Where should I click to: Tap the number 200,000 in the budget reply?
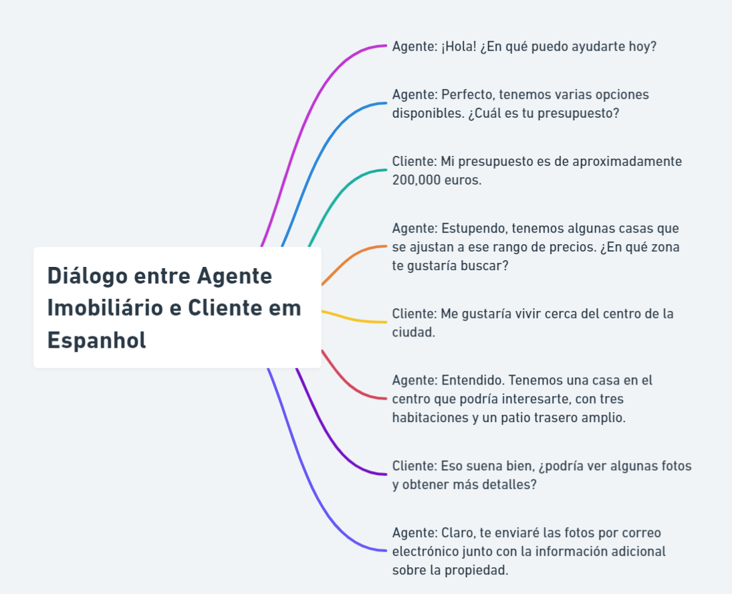[x=416, y=180]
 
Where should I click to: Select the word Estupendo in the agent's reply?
[x=472, y=228]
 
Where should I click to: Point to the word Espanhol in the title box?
[x=96, y=340]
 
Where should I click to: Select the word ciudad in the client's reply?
[x=412, y=332]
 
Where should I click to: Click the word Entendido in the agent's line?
[x=472, y=380]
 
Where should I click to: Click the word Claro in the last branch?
[x=457, y=532]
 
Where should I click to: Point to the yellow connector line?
[x=354, y=319]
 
